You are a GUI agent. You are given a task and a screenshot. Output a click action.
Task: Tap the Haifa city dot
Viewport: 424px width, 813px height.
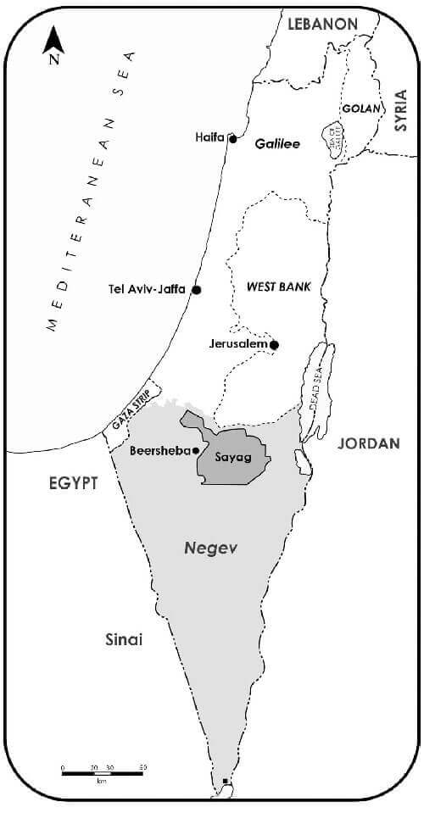tap(232, 137)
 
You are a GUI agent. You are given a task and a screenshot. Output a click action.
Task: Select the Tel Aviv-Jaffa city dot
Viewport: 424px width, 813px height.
tap(197, 289)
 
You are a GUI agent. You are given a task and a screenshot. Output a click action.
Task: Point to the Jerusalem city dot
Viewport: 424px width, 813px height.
tap(274, 345)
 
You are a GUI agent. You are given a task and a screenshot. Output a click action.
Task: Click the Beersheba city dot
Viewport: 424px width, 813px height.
tap(196, 451)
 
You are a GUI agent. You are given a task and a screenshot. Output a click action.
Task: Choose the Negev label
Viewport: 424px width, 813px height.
tap(210, 548)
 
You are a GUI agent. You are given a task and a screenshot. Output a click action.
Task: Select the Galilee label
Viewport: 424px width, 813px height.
tap(277, 144)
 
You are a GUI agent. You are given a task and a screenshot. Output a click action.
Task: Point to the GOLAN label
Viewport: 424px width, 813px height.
tap(356, 109)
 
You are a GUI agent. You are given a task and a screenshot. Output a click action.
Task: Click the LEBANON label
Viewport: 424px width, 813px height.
tap(322, 25)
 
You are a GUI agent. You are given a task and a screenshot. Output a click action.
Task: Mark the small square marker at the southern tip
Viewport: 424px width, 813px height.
tap(224, 781)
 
